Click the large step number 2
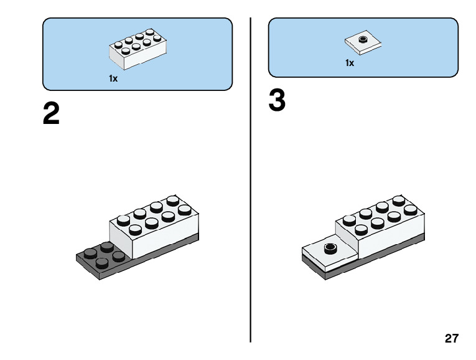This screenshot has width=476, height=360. (51, 114)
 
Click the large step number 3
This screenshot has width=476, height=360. (277, 102)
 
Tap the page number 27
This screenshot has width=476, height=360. (452, 339)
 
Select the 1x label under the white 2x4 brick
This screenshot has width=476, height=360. (113, 79)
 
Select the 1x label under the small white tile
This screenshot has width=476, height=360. (350, 63)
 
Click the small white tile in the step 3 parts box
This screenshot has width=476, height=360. (363, 42)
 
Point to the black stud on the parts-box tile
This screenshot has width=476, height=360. (363, 40)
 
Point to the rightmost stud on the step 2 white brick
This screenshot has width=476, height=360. (184, 209)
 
